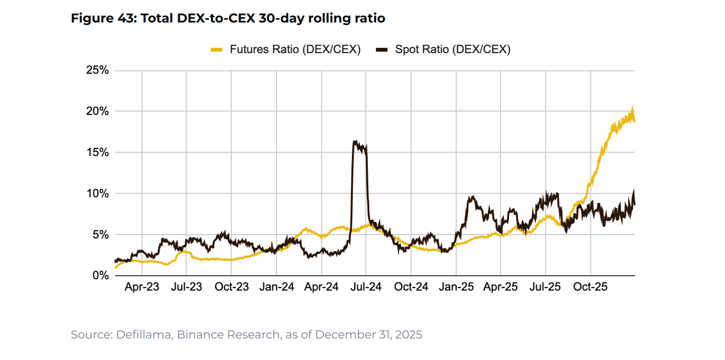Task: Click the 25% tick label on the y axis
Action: (x=97, y=70)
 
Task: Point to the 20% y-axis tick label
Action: (x=97, y=112)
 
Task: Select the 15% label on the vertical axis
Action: (x=97, y=153)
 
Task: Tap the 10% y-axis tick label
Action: (x=97, y=194)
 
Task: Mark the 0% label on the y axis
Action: (x=100, y=276)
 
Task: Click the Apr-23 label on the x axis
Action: (x=142, y=287)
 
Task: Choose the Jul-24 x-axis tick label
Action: (x=366, y=287)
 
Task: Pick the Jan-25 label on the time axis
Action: (x=456, y=287)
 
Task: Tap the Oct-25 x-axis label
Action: (x=590, y=287)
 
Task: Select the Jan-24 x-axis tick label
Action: (x=277, y=287)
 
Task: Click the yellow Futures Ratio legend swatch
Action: (x=217, y=49)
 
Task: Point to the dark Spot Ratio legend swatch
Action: (x=382, y=49)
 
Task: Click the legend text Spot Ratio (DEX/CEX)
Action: (x=453, y=49)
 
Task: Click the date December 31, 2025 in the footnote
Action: (x=369, y=335)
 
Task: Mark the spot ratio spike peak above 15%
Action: (x=355, y=141)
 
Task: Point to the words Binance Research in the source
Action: (x=228, y=335)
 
